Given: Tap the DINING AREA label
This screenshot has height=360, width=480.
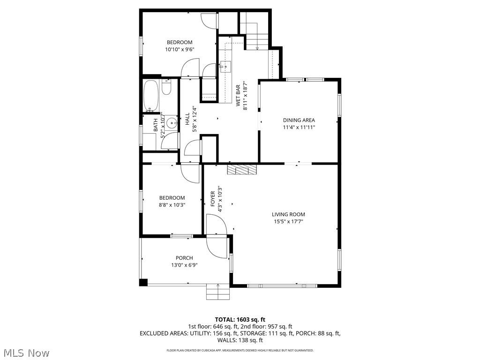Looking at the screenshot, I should (299, 120).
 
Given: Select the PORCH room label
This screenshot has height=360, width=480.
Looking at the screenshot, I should (184, 258).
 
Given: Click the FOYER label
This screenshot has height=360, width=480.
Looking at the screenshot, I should (213, 199).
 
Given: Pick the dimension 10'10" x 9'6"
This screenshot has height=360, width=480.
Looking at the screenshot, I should (179, 49).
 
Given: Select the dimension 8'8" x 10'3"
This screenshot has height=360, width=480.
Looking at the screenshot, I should (172, 204).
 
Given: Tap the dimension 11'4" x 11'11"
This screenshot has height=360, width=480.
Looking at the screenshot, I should (299, 127).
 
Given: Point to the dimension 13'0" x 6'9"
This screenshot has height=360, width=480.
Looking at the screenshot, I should (184, 265).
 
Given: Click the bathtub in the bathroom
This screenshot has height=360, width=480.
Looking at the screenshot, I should (151, 96).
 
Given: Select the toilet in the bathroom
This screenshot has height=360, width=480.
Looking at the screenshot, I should (166, 87).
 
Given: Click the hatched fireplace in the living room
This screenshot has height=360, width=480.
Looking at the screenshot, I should (242, 169).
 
